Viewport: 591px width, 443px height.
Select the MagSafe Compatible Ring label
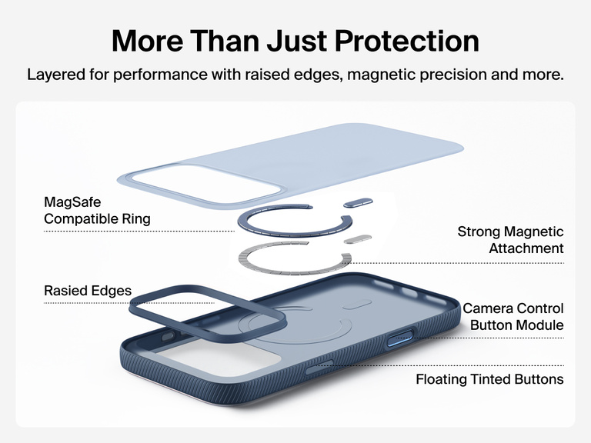[x=97, y=210]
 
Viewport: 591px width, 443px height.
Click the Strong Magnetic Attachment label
[x=510, y=240]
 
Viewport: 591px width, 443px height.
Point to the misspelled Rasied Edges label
[x=88, y=291]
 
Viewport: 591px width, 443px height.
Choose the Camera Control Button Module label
[x=513, y=317]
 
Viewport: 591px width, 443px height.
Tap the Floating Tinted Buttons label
[x=489, y=379]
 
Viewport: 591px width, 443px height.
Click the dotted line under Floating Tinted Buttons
[x=492, y=365]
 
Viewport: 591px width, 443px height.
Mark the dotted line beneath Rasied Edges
[x=85, y=303]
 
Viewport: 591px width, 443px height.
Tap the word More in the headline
[x=150, y=40]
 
